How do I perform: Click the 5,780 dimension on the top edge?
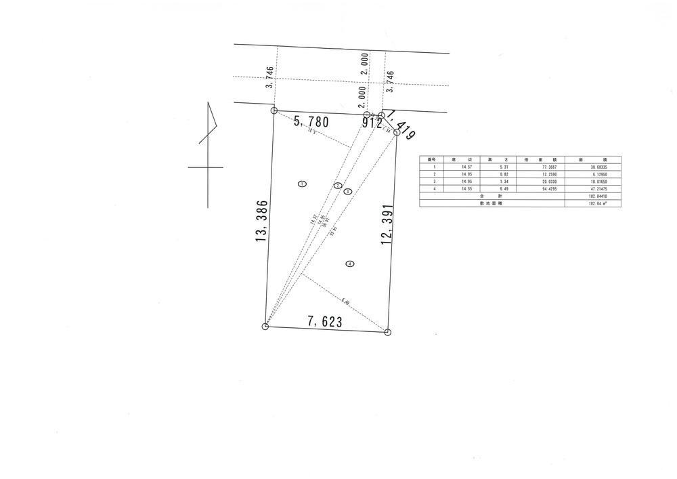(311, 123)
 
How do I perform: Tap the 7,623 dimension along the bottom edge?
(324, 322)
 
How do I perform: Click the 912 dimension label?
(372, 124)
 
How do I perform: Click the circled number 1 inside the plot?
(302, 184)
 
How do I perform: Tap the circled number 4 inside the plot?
(349, 264)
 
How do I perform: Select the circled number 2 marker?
(337, 186)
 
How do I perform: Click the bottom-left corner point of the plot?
(265, 327)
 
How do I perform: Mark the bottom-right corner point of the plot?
(387, 332)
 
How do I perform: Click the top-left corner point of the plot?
(274, 110)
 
